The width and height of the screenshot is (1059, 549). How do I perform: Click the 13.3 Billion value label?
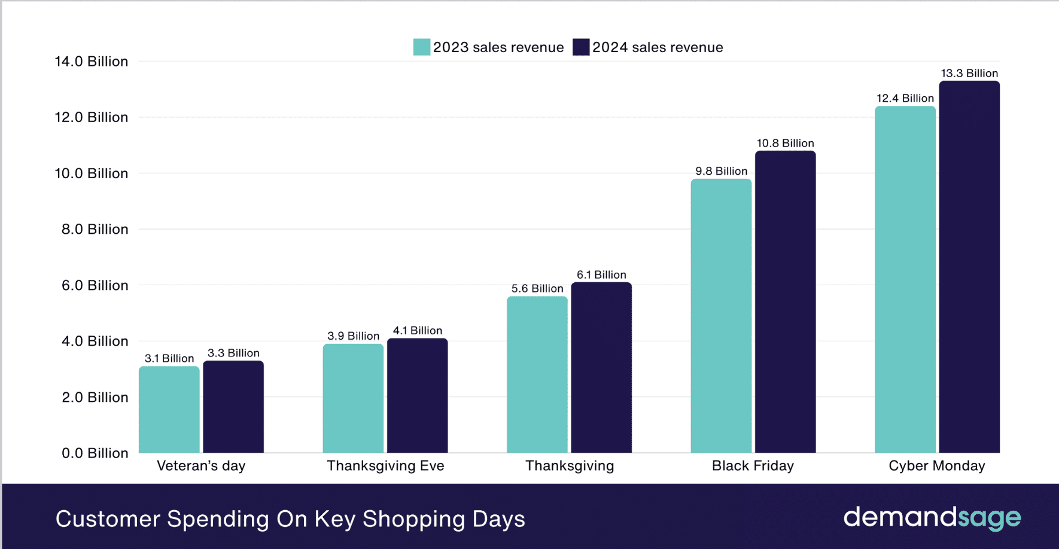[x=969, y=73]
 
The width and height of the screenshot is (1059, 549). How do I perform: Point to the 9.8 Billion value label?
[x=721, y=171]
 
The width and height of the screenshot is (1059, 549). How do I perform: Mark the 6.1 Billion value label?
[x=601, y=274]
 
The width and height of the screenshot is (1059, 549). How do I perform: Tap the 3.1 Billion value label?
[x=169, y=358]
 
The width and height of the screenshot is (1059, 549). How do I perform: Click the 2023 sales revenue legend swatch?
[x=422, y=47]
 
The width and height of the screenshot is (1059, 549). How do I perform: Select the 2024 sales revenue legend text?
[x=658, y=47]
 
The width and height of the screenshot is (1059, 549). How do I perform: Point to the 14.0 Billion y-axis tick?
[x=91, y=62]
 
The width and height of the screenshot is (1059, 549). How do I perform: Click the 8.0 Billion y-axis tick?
[x=95, y=229]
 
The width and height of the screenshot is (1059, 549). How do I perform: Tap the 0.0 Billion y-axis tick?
[x=95, y=453]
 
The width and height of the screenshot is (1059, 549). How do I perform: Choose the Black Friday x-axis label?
[x=753, y=466]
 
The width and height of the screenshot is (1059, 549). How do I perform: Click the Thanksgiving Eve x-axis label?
[x=385, y=466]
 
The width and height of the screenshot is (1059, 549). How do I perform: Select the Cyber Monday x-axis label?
[x=936, y=466]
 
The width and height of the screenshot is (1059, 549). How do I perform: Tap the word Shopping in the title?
[x=413, y=519]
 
